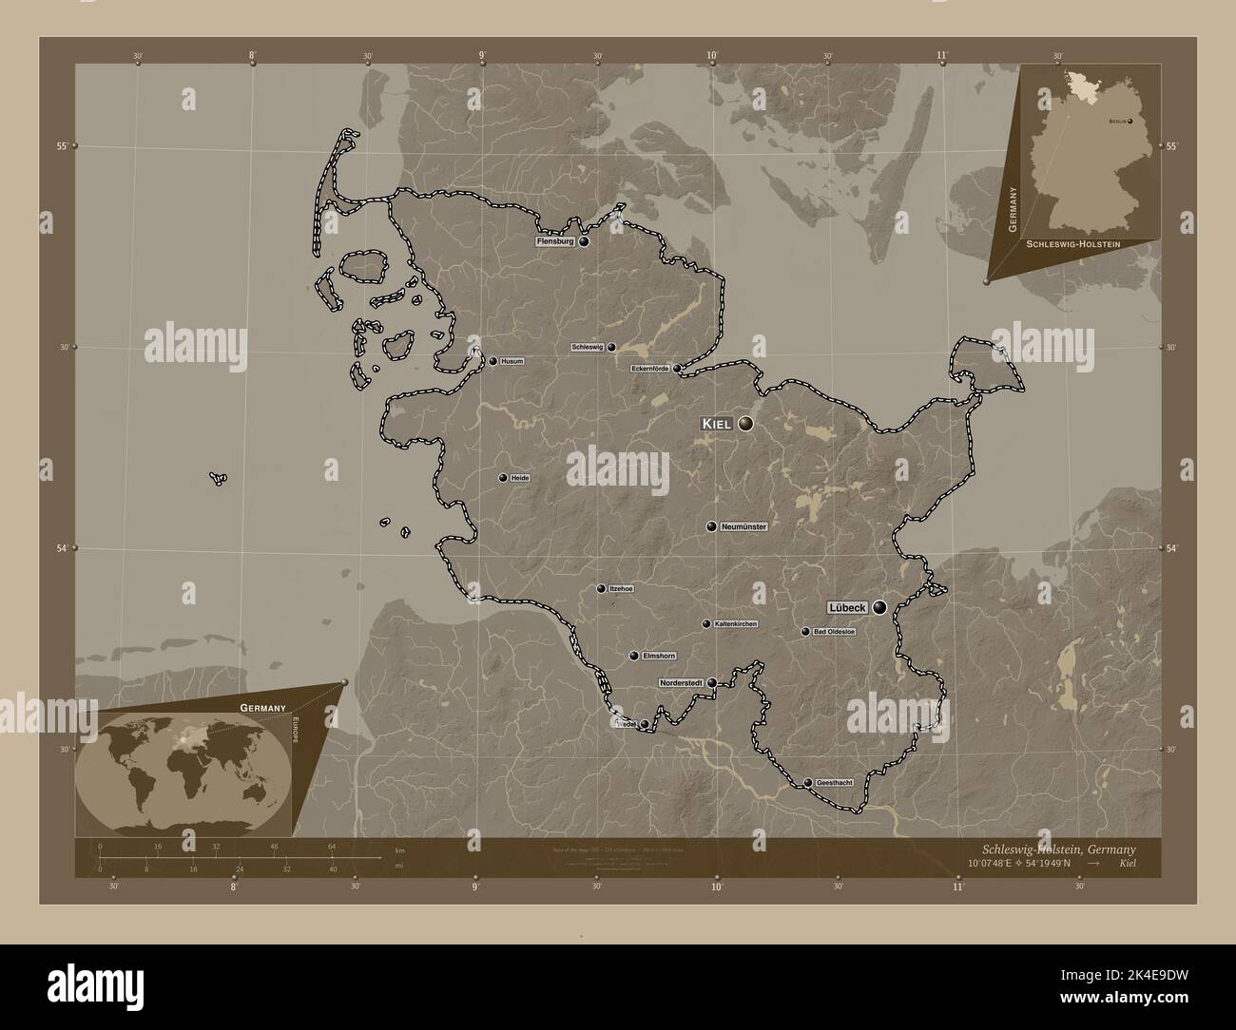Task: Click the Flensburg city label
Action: [x=555, y=241]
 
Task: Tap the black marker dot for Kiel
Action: [x=746, y=424]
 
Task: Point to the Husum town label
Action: [x=512, y=361]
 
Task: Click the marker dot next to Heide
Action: [x=502, y=478]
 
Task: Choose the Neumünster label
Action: [x=744, y=525]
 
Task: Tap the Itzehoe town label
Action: [x=621, y=588]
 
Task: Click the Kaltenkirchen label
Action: [x=735, y=623]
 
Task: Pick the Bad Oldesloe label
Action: [x=834, y=631]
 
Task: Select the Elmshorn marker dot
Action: [x=633, y=656]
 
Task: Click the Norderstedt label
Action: [x=683, y=682]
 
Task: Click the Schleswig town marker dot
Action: [x=611, y=348]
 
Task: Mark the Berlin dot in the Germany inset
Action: [x=1130, y=122]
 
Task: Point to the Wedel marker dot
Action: [x=645, y=725]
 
